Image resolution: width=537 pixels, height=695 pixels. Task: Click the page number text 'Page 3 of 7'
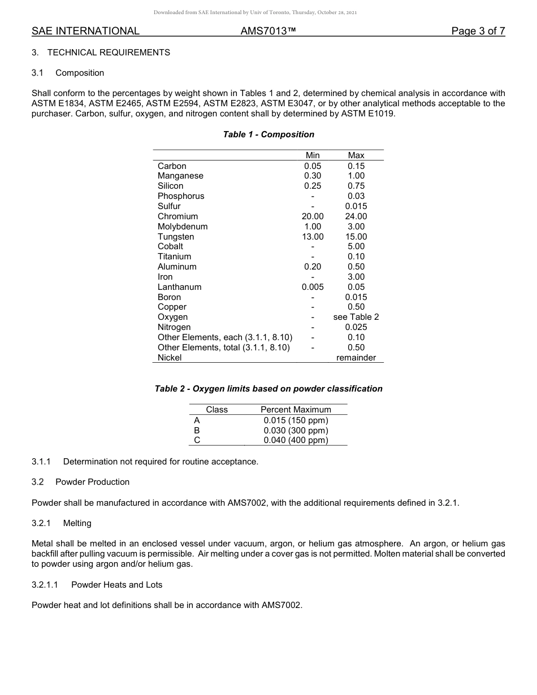coord(478,31)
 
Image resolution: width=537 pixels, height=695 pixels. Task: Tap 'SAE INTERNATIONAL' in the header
coord(85,31)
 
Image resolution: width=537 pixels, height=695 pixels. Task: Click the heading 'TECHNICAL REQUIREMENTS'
coord(109,53)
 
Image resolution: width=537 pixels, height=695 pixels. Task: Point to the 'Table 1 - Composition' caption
coord(268,134)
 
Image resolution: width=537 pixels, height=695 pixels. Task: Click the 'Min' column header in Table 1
coord(313,155)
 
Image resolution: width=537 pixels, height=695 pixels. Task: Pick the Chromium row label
coord(177,216)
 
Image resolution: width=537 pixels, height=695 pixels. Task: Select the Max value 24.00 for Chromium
coord(356,216)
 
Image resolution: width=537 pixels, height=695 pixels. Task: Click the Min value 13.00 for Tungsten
coord(313,237)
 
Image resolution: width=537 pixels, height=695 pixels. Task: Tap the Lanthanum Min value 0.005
coord(313,287)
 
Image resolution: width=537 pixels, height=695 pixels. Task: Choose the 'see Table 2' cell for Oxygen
coord(356,317)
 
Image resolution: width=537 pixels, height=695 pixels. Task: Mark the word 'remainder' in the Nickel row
coord(356,358)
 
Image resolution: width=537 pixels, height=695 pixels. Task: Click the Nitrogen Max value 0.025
coord(356,327)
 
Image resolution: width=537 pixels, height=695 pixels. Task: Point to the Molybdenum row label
coord(183,227)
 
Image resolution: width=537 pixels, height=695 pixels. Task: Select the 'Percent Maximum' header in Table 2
coord(296,410)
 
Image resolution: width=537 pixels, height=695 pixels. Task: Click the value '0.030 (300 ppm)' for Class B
coord(296,431)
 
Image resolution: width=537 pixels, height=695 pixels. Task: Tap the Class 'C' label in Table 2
coord(197,441)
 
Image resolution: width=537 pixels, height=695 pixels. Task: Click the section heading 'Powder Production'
coord(92,482)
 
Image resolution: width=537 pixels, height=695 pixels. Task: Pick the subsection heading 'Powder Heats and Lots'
coord(116,585)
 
